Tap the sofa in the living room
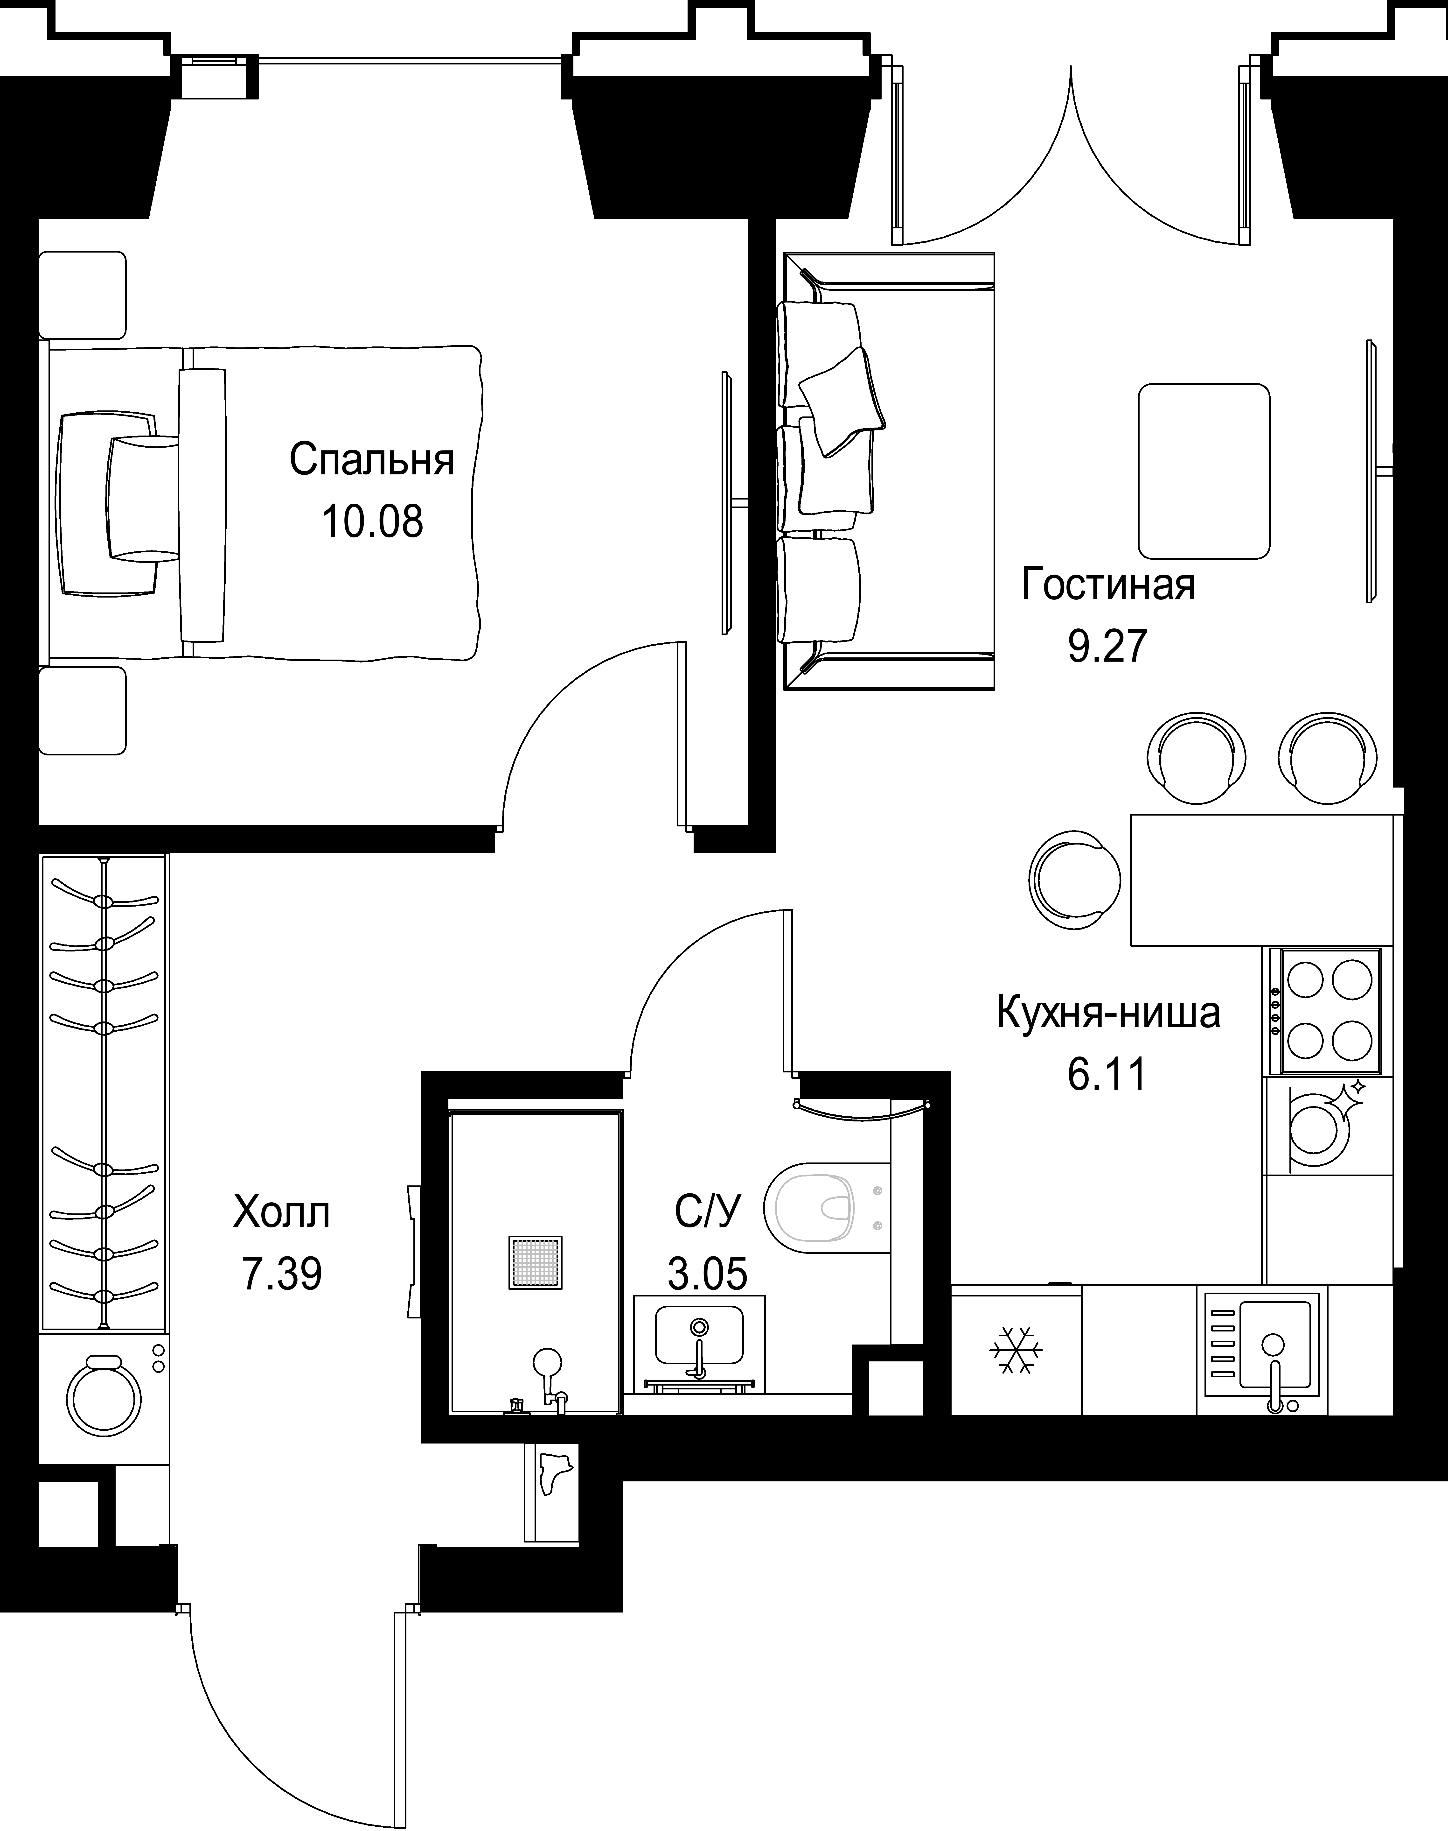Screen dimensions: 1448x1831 [886, 471]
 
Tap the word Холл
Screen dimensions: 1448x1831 [281, 1213]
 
